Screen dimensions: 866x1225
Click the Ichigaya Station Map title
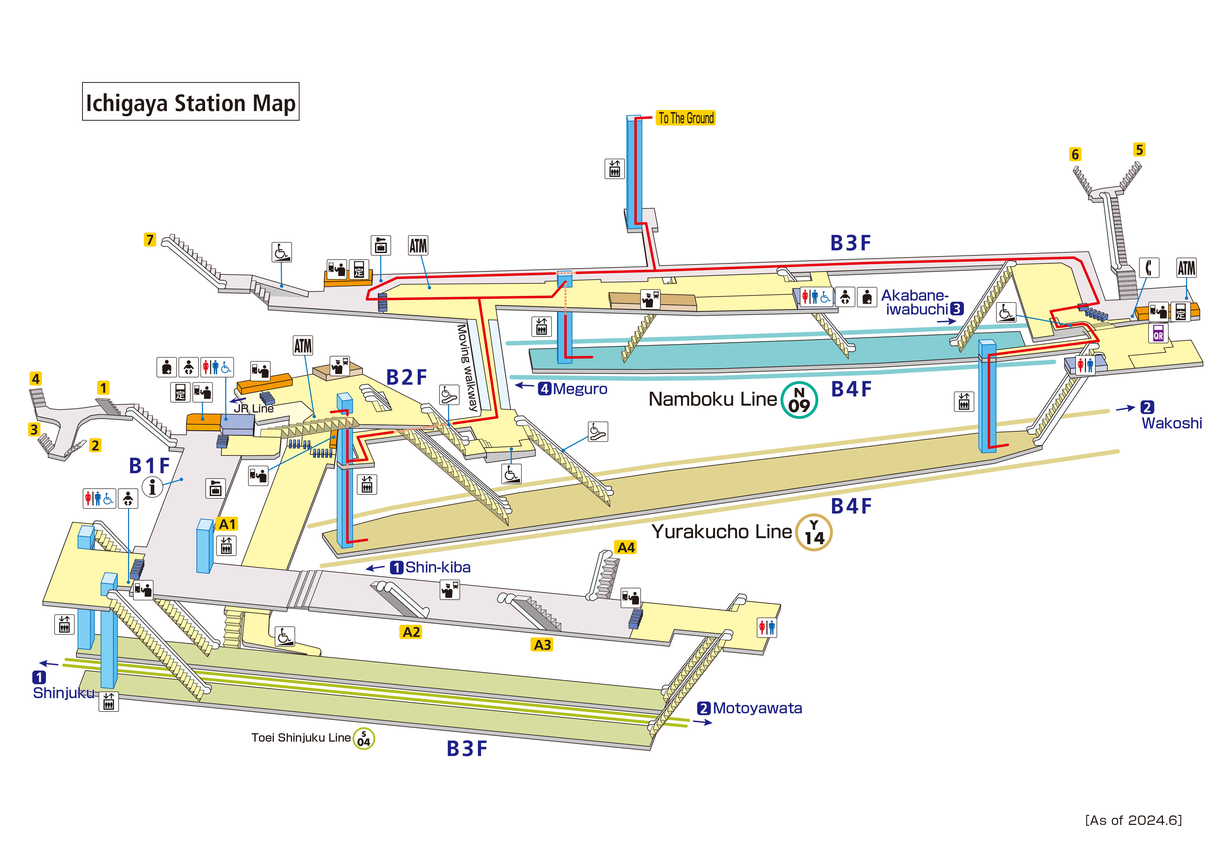click(190, 102)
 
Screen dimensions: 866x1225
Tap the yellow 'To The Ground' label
click(686, 118)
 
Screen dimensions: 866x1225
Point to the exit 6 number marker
click(1075, 154)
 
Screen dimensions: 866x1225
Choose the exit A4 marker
click(626, 547)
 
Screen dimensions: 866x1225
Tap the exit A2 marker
click(411, 632)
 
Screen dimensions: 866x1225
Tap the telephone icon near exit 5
click(1149, 267)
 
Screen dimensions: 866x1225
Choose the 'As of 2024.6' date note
click(1133, 820)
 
